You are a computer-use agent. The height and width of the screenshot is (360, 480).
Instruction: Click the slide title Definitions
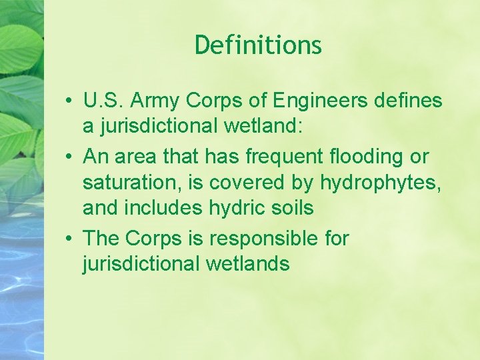point(259,45)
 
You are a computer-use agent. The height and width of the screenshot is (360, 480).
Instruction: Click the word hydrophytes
point(380,183)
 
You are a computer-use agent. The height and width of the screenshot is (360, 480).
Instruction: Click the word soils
point(292,208)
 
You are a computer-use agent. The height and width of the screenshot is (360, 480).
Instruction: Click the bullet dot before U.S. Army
point(69,102)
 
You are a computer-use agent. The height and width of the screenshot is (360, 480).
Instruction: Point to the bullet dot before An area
point(69,158)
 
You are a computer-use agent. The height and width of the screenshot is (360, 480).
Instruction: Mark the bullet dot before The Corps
point(69,239)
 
